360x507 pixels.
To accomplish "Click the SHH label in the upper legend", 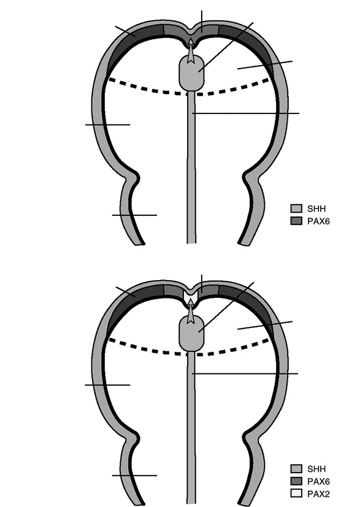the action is point(316,208).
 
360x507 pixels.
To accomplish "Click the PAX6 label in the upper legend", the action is point(318,221).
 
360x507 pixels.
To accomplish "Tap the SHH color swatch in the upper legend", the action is point(296,208).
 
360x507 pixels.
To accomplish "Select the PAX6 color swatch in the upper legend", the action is point(296,221).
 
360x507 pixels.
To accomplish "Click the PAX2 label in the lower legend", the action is point(318,494).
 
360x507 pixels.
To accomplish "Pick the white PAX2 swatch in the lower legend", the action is point(296,494).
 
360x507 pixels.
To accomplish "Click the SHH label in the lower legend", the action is point(316,469).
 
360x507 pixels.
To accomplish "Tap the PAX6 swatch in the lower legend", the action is point(296,481).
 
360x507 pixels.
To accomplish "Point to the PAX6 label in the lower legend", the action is point(318,481).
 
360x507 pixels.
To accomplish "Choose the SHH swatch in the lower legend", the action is point(296,468).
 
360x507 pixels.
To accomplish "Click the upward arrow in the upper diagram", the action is point(191,51).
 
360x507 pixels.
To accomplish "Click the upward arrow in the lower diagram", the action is point(191,311).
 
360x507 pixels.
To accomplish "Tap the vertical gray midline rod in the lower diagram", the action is point(191,429).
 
